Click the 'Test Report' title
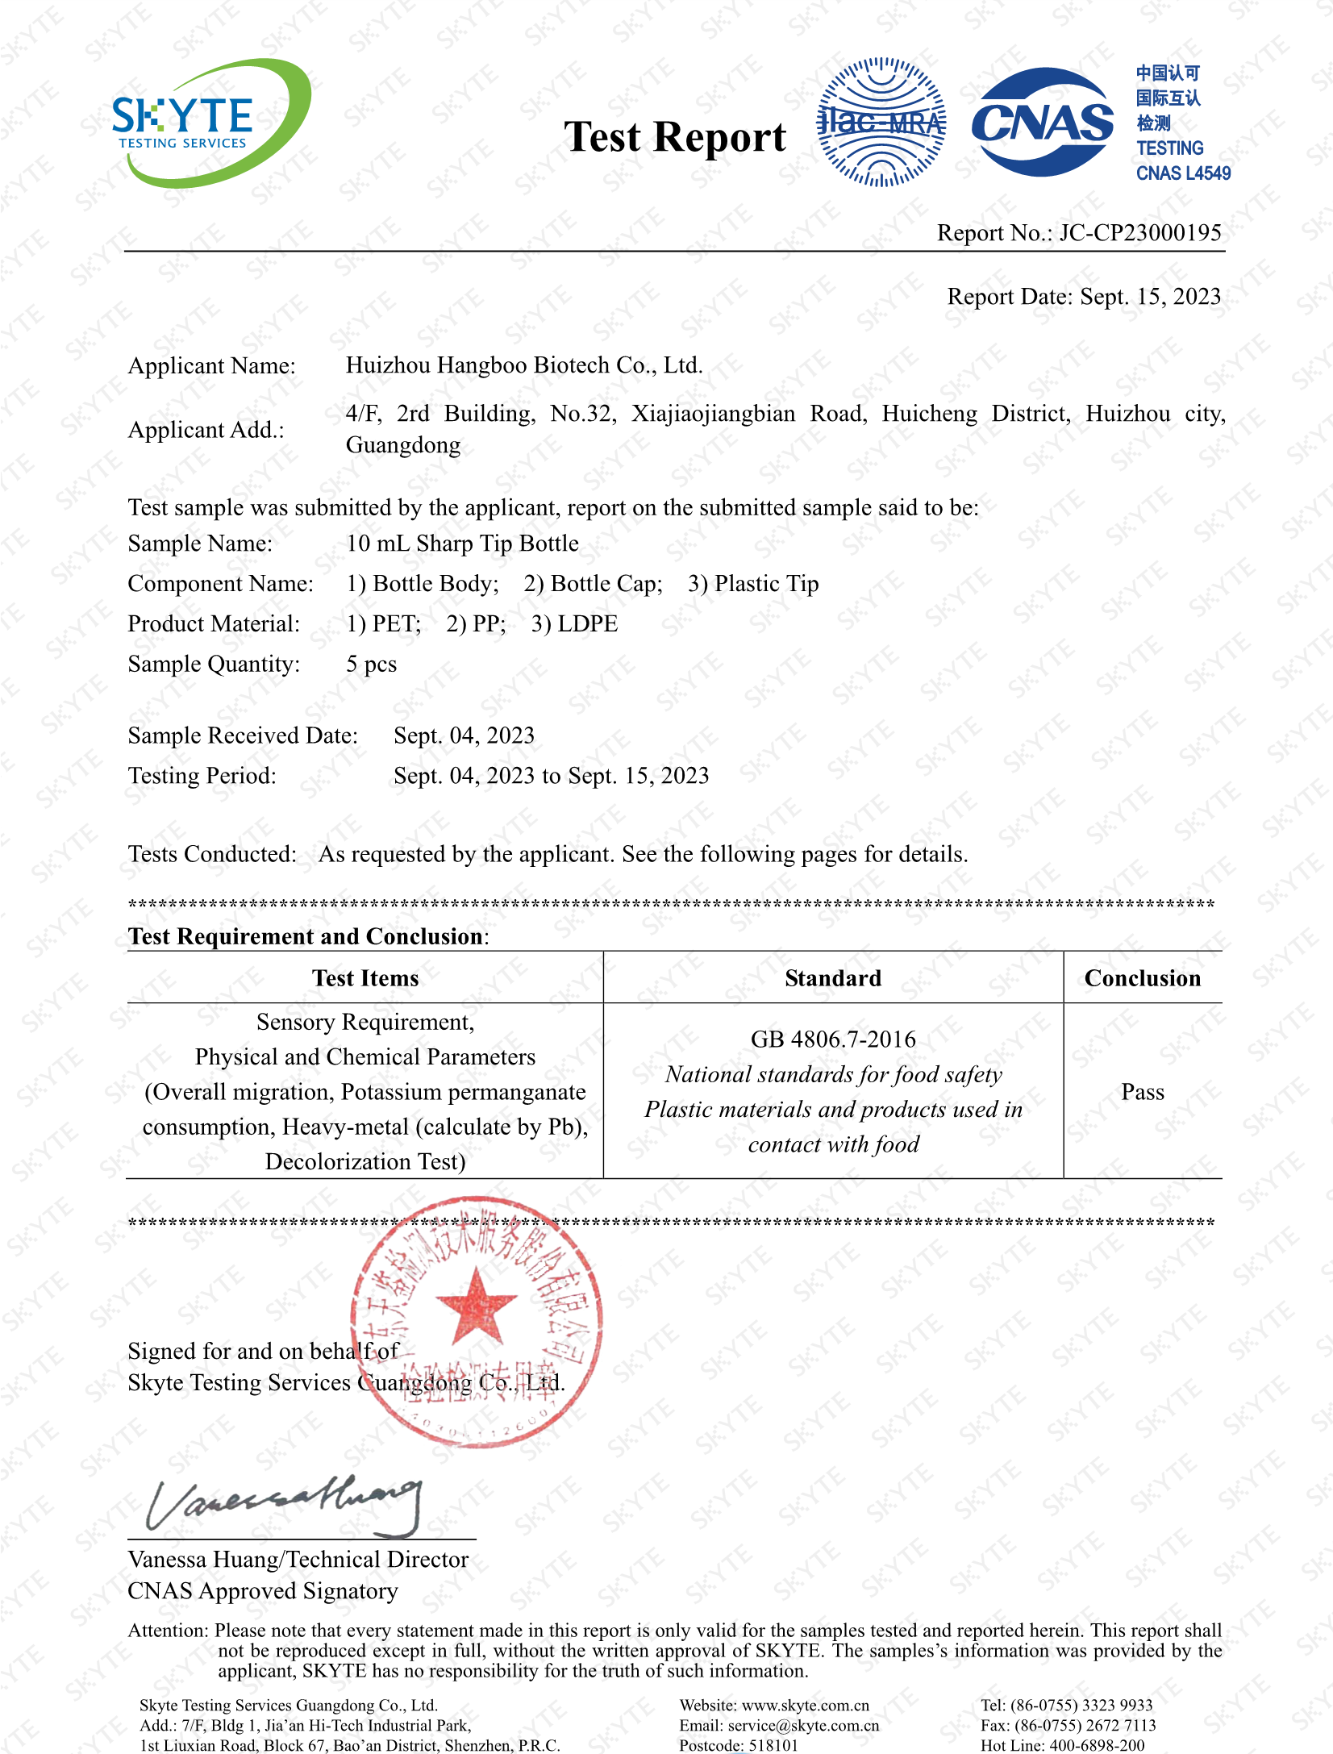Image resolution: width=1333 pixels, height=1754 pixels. point(674,137)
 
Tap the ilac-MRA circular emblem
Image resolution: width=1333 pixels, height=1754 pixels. point(881,123)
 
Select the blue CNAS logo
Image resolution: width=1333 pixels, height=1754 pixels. point(1042,123)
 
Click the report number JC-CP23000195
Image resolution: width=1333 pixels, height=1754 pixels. point(1139,233)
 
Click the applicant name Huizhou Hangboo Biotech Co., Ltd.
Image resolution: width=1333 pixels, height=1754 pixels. point(524,365)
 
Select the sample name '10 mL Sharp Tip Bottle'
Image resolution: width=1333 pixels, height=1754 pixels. point(462,544)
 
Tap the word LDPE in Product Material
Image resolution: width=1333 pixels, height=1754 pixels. point(587,624)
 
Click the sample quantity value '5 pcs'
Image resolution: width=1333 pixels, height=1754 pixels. point(372,665)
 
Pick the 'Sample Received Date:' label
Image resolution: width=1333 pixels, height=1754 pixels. point(243,735)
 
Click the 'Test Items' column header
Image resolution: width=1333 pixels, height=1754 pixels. point(365,978)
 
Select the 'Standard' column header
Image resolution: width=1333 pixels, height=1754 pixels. point(833,978)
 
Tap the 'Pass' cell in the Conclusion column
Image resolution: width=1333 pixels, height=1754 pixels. point(1143,1092)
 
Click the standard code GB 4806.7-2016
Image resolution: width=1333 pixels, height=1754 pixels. point(833,1039)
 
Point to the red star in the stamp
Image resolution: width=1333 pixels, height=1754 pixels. point(476,1305)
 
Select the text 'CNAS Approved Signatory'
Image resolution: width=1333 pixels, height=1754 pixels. point(263,1591)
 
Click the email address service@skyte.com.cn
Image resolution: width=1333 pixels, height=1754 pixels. point(803,1726)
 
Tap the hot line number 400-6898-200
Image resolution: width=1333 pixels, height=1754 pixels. point(1095,1746)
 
